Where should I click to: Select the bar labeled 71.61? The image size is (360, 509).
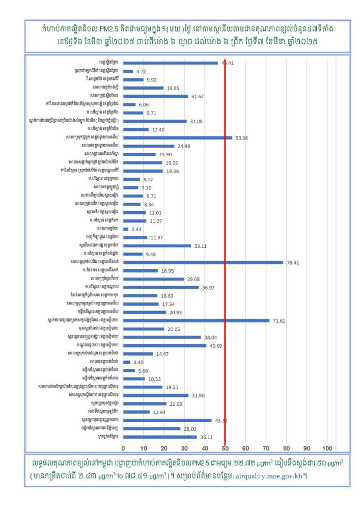click(196, 321)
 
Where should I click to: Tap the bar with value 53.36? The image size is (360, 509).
click(177, 137)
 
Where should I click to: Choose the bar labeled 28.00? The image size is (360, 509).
click(152, 429)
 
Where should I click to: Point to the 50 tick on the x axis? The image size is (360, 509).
click(225, 448)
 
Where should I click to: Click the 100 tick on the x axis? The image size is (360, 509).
click(327, 448)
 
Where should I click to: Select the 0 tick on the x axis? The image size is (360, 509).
click(123, 448)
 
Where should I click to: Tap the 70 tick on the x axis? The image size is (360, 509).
click(266, 448)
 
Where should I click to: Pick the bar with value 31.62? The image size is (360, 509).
click(155, 96)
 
